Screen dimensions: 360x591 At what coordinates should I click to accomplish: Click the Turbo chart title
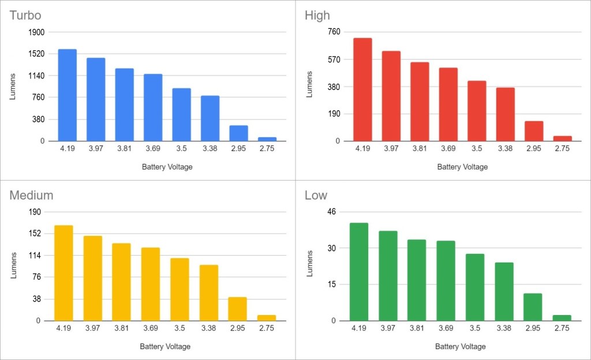(25, 16)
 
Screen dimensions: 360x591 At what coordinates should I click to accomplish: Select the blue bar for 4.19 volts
(68, 95)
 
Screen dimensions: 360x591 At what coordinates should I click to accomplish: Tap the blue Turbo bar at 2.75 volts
(267, 139)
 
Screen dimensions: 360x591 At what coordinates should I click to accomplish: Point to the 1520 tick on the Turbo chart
(36, 54)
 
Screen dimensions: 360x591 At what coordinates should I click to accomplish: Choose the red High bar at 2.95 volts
(534, 131)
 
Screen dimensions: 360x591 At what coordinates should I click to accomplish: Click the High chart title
(317, 16)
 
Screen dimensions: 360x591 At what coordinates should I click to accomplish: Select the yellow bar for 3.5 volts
(179, 289)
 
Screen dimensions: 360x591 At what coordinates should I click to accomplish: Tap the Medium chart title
(31, 196)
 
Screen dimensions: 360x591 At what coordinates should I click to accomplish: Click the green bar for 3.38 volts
(504, 291)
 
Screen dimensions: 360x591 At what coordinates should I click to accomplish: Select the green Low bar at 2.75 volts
(562, 318)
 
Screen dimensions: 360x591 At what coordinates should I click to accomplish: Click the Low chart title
(316, 196)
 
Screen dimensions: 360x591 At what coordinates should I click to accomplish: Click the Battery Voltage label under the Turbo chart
(167, 167)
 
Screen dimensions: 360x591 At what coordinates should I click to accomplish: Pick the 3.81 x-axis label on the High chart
(420, 149)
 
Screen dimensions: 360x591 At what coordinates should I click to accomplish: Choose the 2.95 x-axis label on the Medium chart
(237, 328)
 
